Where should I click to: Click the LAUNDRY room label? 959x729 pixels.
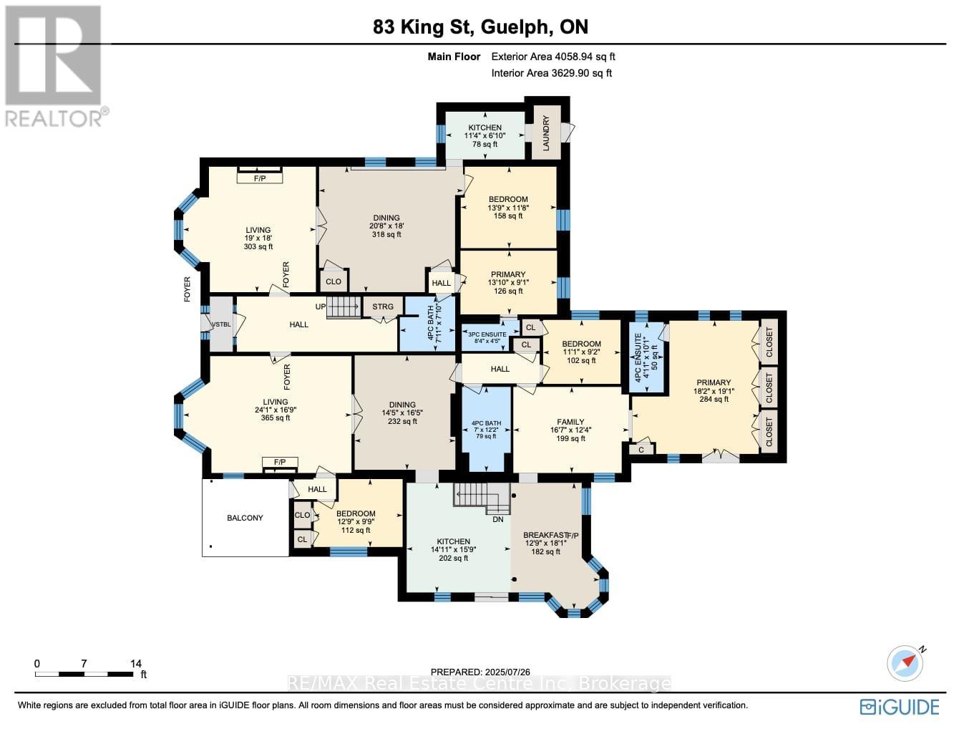click(x=546, y=132)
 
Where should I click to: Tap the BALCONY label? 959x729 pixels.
click(x=245, y=518)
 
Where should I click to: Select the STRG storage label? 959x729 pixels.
click(x=383, y=306)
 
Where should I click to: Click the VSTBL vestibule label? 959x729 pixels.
click(x=222, y=324)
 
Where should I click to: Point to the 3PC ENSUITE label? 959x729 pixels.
click(x=487, y=334)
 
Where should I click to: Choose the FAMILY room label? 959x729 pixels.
click(x=570, y=422)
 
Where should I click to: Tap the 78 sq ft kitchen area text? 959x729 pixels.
click(x=485, y=145)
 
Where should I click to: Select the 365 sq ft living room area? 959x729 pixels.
click(x=276, y=418)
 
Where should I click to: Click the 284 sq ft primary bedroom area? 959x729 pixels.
click(x=714, y=400)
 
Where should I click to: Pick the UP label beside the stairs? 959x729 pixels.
click(x=321, y=306)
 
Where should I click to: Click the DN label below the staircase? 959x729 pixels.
click(x=498, y=519)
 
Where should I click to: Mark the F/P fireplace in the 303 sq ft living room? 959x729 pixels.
click(x=259, y=178)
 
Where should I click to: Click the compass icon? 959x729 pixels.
click(x=905, y=662)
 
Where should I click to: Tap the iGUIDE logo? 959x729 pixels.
click(x=900, y=707)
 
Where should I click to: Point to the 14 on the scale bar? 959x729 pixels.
click(x=136, y=664)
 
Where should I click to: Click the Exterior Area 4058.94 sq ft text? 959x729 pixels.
click(x=553, y=57)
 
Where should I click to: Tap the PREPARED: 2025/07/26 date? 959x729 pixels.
click(x=480, y=672)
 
